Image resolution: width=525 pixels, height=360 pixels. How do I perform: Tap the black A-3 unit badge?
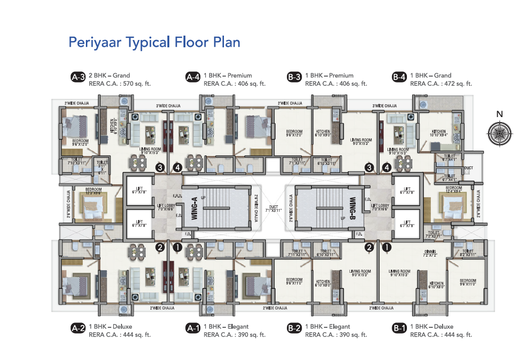[78, 77]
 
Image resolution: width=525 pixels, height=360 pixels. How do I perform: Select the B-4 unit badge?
[399, 77]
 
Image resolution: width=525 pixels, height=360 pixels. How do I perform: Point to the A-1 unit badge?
[193, 328]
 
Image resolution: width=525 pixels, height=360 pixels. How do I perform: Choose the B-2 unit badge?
[294, 328]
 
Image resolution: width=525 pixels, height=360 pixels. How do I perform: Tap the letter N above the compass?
[499, 115]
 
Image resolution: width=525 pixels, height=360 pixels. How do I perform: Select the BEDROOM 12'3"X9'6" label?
[93, 191]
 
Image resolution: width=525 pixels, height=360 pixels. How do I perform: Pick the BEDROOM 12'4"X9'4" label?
[453, 190]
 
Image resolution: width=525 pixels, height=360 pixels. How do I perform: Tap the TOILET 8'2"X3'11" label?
[467, 253]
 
